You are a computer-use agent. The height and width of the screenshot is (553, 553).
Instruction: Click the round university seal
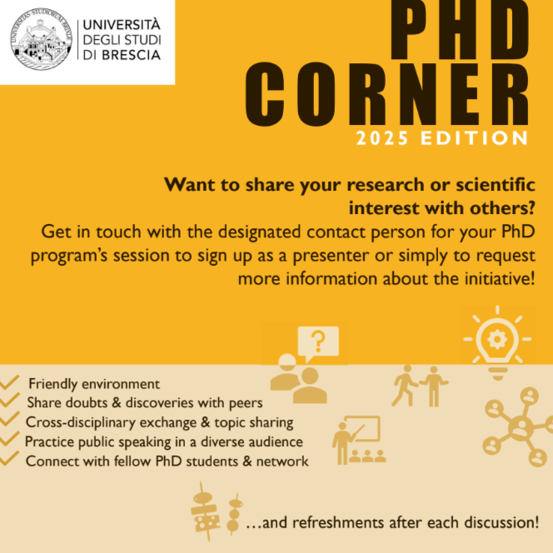(41, 39)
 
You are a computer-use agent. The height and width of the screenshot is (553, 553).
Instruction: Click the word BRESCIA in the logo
(132, 55)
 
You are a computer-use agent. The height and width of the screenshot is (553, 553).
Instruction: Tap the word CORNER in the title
(386, 94)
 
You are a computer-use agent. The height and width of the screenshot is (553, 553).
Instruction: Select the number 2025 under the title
(382, 138)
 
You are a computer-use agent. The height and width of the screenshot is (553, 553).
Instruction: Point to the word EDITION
(475, 138)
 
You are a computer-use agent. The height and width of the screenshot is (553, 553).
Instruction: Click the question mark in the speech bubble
(318, 341)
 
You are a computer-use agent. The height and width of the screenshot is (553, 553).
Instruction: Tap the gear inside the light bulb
(497, 339)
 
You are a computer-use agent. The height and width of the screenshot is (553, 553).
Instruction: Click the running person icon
(404, 386)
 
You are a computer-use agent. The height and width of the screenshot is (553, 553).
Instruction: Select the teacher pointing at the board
(341, 442)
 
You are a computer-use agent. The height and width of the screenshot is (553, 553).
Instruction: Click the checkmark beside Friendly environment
(9, 382)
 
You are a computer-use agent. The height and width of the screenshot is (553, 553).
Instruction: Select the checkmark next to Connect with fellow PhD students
(9, 459)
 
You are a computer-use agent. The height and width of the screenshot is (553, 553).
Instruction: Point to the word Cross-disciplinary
(81, 422)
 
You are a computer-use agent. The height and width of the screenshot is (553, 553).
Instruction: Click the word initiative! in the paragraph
(500, 279)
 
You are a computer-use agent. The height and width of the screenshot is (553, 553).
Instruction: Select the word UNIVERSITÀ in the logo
(122, 25)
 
